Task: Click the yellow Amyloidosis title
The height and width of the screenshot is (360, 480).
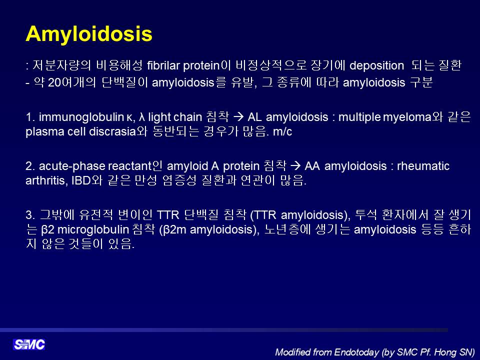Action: coord(89,34)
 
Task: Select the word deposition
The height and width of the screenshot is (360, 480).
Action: coord(376,66)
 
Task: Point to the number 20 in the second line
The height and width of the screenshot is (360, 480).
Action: coord(55,82)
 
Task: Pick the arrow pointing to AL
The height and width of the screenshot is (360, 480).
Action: coord(238,117)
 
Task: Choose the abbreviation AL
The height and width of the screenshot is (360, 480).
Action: coord(254,117)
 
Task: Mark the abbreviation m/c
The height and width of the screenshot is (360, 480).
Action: coord(282,131)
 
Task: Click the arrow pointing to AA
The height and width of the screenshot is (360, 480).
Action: coord(295,166)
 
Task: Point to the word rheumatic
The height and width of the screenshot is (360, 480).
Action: coord(423,166)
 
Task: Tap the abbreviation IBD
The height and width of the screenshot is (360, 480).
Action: coord(81,180)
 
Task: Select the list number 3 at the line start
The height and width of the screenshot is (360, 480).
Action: coord(30,215)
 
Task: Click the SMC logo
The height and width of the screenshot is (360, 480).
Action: coord(29,344)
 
